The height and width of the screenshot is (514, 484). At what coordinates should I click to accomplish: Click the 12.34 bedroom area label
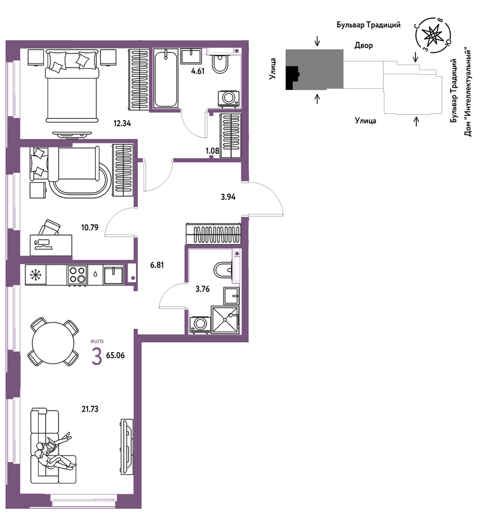(x=122, y=123)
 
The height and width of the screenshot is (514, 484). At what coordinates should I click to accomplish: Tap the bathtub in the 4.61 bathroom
(x=166, y=78)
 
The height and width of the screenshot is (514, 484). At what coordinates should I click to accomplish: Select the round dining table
(x=53, y=343)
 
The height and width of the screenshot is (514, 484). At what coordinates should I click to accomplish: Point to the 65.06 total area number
(x=115, y=355)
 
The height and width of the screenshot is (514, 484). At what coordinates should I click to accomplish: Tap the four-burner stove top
(x=77, y=275)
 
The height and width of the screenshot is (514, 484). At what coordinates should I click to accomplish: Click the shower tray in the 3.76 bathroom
(x=225, y=320)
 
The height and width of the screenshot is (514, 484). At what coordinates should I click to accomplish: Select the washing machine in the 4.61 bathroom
(x=228, y=98)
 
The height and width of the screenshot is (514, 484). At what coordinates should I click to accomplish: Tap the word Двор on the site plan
(x=364, y=45)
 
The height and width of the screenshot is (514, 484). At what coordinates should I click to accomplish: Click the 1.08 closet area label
(x=212, y=151)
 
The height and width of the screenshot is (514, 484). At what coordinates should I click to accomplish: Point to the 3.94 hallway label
(x=228, y=197)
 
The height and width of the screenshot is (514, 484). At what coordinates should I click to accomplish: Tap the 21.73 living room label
(x=90, y=409)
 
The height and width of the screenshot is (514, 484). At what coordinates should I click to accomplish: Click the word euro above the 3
(x=97, y=341)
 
